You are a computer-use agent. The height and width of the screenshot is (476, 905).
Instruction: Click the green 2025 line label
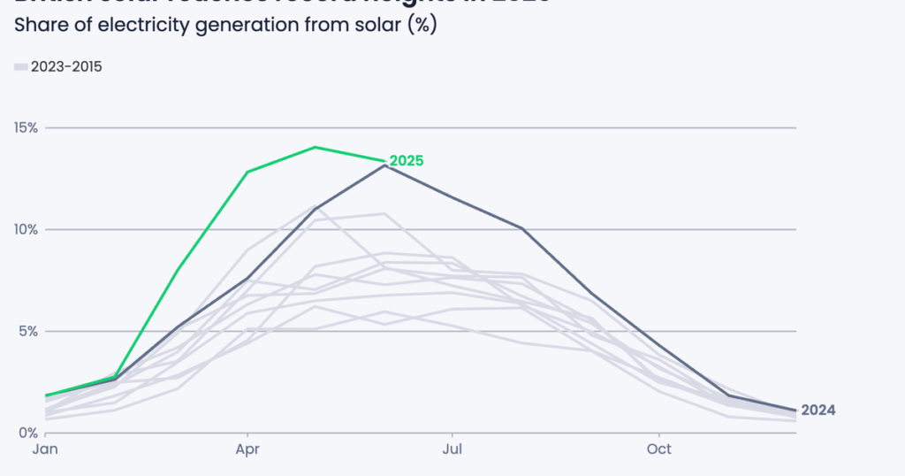pyautogui.click(x=407, y=161)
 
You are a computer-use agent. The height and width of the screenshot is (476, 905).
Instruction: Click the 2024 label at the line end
pyautogui.click(x=818, y=410)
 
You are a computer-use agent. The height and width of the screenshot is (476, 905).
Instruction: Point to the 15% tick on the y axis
pyautogui.click(x=26, y=127)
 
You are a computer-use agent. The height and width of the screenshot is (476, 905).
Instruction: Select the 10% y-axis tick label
pyautogui.click(x=26, y=229)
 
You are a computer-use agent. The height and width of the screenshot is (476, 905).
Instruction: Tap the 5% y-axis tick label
pyautogui.click(x=28, y=331)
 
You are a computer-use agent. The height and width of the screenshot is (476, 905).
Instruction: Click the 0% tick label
pyautogui.click(x=28, y=433)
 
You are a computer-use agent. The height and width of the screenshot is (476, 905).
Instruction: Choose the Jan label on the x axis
pyautogui.click(x=46, y=450)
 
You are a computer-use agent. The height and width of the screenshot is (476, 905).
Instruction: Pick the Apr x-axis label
pyautogui.click(x=247, y=450)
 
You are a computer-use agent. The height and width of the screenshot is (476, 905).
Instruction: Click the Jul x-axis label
pyautogui.click(x=452, y=450)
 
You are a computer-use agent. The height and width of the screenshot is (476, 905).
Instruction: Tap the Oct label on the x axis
pyautogui.click(x=658, y=450)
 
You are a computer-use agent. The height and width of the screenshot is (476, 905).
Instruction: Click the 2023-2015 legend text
pyautogui.click(x=66, y=66)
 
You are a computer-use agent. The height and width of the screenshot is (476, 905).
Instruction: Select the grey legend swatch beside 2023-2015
pyautogui.click(x=20, y=66)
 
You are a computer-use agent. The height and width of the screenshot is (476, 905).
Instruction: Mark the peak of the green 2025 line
pyautogui.click(x=316, y=147)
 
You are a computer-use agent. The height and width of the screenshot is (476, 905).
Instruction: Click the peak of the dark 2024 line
pyautogui.click(x=384, y=165)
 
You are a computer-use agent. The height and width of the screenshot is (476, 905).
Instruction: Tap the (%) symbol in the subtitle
pyautogui.click(x=421, y=25)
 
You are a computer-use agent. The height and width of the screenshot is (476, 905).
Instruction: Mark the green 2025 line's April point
pyautogui.click(x=248, y=172)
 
